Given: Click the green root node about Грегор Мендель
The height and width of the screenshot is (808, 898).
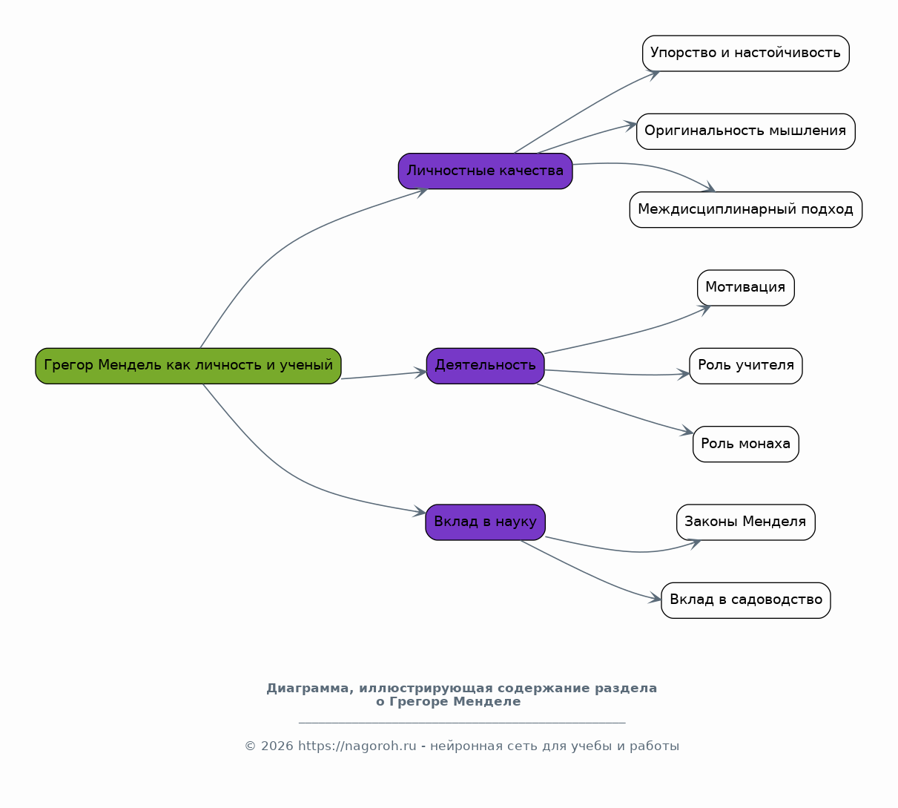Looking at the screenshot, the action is pos(188,366).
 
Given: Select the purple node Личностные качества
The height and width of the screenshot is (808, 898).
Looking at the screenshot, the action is pos(485,171).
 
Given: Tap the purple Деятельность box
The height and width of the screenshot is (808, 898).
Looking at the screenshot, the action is pos(485,366).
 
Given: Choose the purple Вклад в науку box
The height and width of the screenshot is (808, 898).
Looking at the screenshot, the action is pos(485,522).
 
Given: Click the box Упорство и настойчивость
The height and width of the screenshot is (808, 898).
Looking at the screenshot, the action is pos(746,53).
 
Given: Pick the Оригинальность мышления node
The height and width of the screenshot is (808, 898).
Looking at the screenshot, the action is pos(746,131).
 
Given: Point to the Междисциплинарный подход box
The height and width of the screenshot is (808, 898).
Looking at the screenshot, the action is pos(746,210).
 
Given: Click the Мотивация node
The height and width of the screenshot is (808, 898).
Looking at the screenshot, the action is pos(746,288).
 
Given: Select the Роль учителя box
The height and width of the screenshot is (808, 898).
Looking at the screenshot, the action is pos(746,366).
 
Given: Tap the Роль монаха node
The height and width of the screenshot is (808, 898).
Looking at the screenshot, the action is pos(746,444).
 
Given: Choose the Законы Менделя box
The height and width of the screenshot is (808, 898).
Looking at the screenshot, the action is pos(746,522).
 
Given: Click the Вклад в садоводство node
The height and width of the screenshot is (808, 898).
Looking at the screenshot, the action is pos(746,600).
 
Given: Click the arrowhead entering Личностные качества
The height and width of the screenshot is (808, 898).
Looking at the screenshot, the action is pos(423,191).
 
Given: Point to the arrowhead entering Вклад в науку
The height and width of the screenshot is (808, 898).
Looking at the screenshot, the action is pos(420,511).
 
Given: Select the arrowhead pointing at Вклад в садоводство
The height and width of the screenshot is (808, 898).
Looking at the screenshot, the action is pos(656,598).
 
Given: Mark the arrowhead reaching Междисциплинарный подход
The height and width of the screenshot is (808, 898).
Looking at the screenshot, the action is pos(710,188).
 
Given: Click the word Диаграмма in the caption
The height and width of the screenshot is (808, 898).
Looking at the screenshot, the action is pos(307,689).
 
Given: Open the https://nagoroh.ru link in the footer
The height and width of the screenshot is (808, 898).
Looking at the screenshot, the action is pos(357,746).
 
